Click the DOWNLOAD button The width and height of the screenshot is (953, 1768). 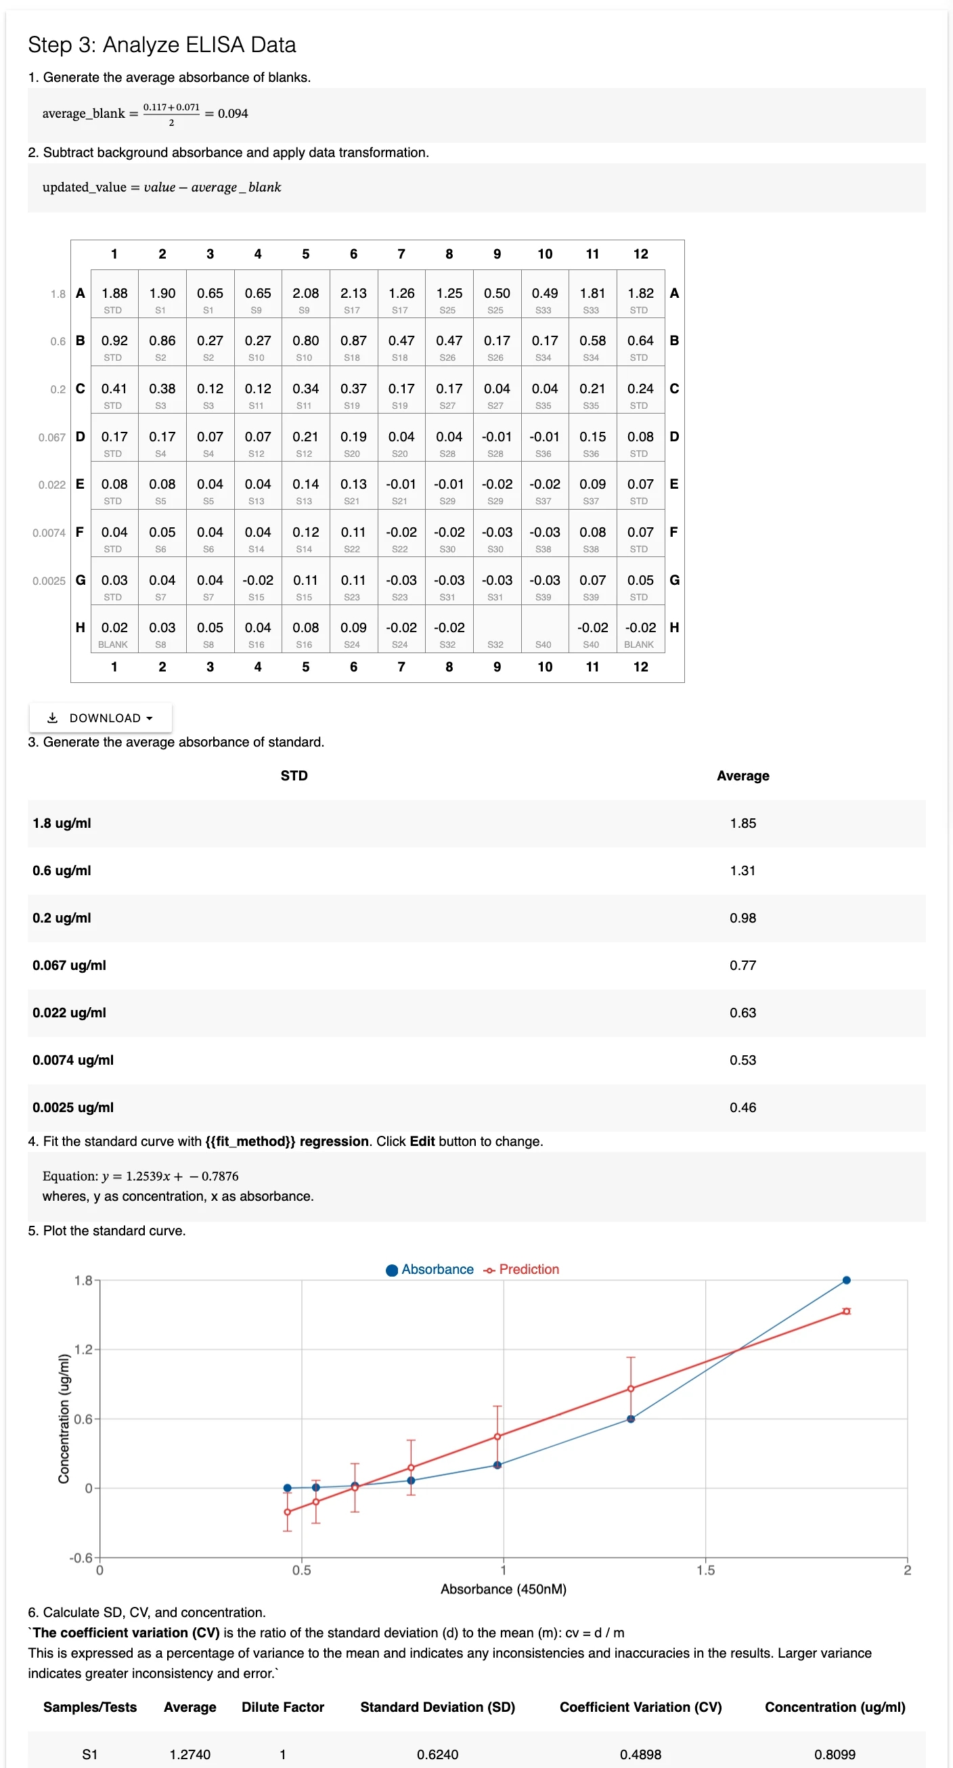click(x=100, y=718)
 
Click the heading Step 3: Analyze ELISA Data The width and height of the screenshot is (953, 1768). click(x=162, y=45)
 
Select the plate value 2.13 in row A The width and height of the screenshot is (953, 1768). click(x=353, y=293)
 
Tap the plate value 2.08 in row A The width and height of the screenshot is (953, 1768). click(x=305, y=293)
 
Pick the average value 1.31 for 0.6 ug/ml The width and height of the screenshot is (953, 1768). click(x=743, y=870)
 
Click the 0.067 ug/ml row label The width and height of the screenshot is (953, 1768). click(x=69, y=965)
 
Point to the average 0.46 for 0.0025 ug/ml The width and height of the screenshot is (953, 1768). click(x=743, y=1107)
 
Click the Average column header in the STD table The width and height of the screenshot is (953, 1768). click(x=743, y=776)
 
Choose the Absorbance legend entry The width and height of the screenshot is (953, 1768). click(x=430, y=1269)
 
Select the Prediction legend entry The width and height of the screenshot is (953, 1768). click(x=521, y=1269)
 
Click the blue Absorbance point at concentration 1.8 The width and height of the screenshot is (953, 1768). click(x=846, y=1280)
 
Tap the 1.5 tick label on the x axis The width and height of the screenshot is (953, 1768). click(x=705, y=1570)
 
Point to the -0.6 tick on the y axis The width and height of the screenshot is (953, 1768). click(x=81, y=1557)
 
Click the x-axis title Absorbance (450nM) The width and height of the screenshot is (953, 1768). click(x=503, y=1589)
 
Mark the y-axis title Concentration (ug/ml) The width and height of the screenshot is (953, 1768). click(x=64, y=1419)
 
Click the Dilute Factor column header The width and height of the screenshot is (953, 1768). click(x=283, y=1707)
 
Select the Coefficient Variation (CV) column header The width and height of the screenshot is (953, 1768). click(x=640, y=1707)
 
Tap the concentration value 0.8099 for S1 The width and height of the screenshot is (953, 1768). click(x=835, y=1754)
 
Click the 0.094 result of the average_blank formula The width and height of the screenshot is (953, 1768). click(x=234, y=114)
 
